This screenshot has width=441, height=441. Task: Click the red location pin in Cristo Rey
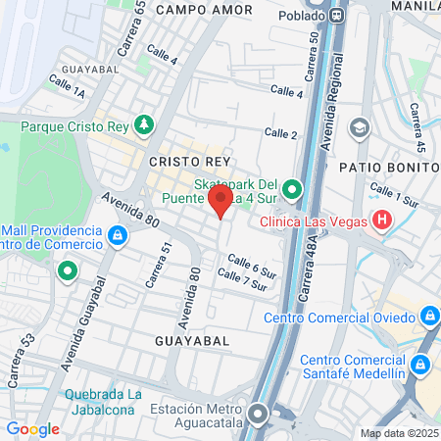pos(220,202)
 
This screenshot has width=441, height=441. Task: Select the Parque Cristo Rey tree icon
pos(145,124)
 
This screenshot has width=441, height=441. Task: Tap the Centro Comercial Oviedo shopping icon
pos(428,317)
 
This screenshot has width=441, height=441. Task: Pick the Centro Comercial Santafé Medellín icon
pos(420,366)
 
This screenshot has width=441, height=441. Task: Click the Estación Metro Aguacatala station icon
pos(258,416)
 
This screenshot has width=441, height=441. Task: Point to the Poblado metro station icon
pos(338,15)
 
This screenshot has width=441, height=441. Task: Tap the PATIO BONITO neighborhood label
pos(388,166)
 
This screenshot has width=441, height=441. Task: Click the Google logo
pos(33,429)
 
